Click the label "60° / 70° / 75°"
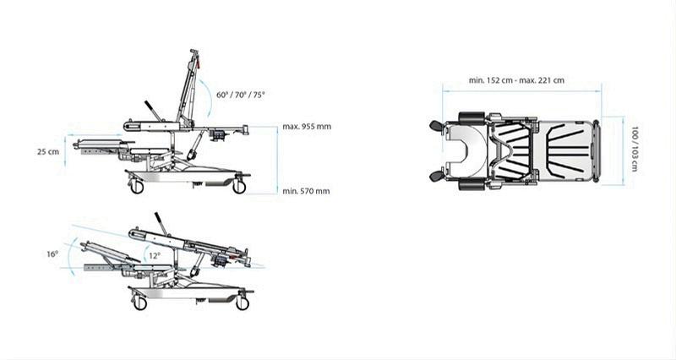click(240, 95)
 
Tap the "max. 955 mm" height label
click(307, 127)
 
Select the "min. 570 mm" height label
click(306, 191)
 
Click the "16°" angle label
click(52, 254)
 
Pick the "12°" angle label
click(152, 254)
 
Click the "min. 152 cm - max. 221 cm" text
click(516, 80)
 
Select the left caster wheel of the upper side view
click(137, 187)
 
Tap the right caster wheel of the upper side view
click(239, 187)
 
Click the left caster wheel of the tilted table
click(139, 303)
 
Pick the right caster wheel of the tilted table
click(243, 303)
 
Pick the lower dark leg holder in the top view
click(436, 176)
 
